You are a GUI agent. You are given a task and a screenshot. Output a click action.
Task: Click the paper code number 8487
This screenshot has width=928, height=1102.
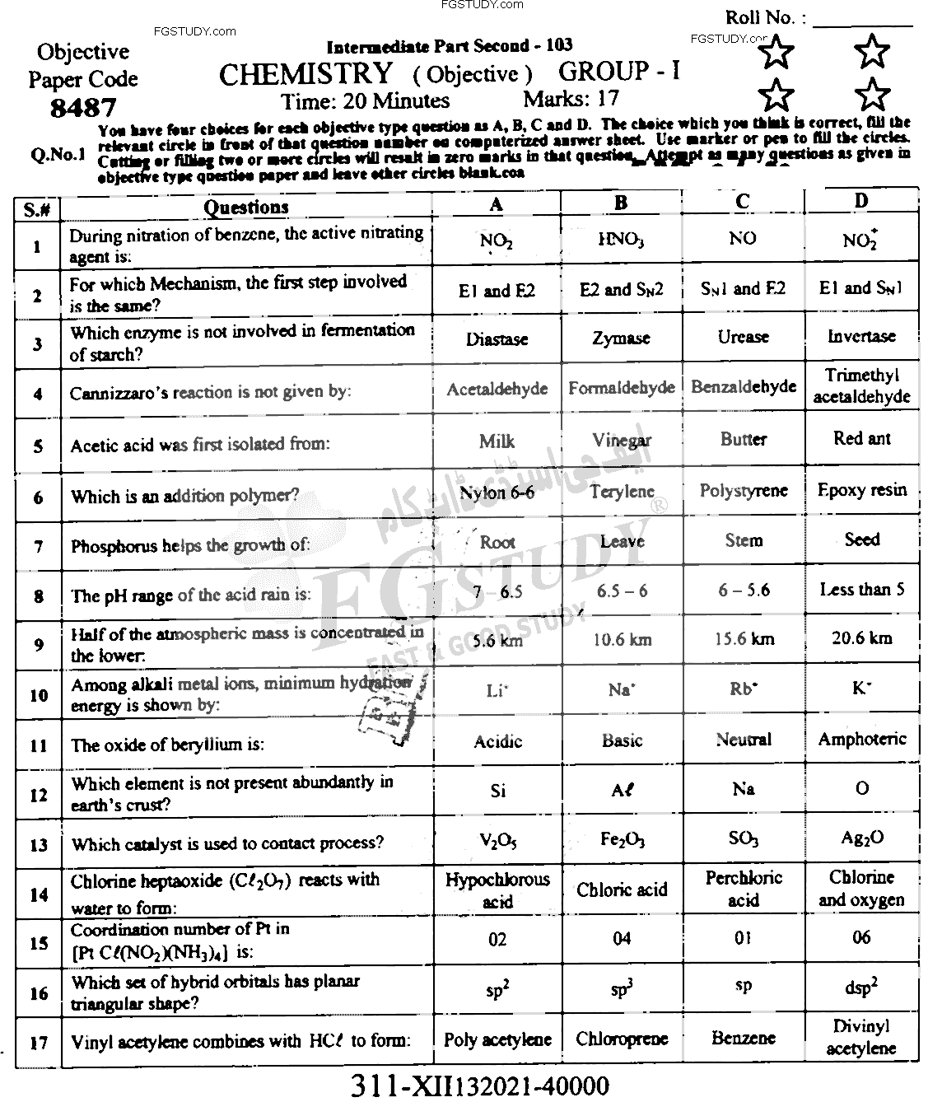(82, 108)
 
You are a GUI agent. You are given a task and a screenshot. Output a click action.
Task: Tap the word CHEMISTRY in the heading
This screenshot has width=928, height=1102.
(305, 74)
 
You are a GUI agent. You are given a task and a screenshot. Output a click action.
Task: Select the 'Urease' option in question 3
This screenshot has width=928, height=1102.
(743, 337)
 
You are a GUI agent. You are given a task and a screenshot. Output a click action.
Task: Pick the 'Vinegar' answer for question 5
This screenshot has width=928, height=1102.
(622, 441)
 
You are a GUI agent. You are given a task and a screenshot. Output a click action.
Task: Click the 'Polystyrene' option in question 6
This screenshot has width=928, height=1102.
(743, 491)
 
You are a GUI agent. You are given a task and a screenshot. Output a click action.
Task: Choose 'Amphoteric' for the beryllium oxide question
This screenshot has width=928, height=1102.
(861, 739)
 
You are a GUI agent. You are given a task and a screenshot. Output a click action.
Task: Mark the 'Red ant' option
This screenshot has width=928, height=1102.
(861, 439)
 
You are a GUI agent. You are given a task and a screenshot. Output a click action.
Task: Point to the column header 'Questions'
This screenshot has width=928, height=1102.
(246, 208)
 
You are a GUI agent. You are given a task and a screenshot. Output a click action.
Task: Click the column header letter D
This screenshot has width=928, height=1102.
(861, 201)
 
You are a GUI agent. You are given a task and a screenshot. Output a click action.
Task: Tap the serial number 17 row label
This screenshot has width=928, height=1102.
(38, 1043)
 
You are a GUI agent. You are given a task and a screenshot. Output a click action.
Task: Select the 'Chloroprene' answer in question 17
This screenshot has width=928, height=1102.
(622, 1039)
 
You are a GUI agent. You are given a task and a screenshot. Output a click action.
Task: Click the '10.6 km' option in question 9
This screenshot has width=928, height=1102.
(622, 639)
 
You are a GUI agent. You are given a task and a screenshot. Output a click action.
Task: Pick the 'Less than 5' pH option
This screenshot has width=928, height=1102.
(861, 590)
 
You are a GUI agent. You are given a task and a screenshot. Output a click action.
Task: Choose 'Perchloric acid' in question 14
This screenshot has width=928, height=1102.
(743, 889)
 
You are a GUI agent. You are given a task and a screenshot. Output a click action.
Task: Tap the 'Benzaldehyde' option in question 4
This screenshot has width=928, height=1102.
(743, 387)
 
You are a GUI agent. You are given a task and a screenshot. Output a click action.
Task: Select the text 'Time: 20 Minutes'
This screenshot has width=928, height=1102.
(365, 101)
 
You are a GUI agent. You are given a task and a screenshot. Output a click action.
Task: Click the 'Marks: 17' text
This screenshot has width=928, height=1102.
(571, 100)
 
